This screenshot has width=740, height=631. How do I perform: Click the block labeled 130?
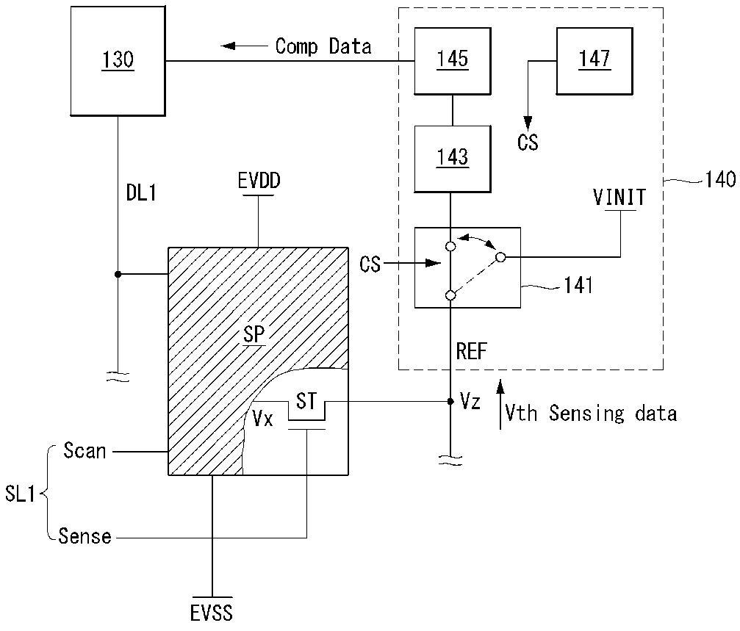pyautogui.click(x=118, y=61)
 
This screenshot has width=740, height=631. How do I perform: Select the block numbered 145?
pyautogui.click(x=453, y=61)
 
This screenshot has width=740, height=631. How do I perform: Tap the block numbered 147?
pyautogui.click(x=594, y=61)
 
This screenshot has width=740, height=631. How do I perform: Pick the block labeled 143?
pyautogui.click(x=453, y=159)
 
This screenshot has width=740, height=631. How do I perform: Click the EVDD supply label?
pyautogui.click(x=259, y=181)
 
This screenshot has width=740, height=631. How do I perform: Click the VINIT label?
pyautogui.click(x=619, y=198)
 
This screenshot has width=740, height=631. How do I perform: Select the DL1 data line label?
pyautogui.click(x=141, y=192)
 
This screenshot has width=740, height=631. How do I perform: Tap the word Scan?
pyautogui.click(x=85, y=451)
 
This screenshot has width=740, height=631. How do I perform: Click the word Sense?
pyautogui.click(x=85, y=536)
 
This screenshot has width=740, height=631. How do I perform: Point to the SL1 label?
pyautogui.click(x=20, y=494)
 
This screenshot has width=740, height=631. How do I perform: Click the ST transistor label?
pyautogui.click(x=306, y=401)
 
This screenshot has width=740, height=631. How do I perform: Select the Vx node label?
pyautogui.click(x=263, y=418)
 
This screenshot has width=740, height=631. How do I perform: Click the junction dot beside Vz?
pyautogui.click(x=450, y=401)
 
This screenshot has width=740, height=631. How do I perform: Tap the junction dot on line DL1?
pyautogui.click(x=118, y=274)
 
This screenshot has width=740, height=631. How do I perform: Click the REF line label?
pyautogui.click(x=471, y=351)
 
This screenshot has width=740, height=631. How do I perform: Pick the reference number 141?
pyautogui.click(x=578, y=285)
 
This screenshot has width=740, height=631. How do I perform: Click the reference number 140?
pyautogui.click(x=720, y=180)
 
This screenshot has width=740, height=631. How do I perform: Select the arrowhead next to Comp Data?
pyautogui.click(x=228, y=46)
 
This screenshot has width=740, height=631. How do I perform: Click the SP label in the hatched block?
pyautogui.click(x=254, y=334)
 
